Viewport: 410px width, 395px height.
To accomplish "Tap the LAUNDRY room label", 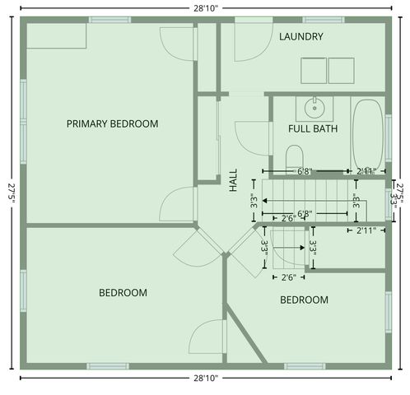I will [301, 37].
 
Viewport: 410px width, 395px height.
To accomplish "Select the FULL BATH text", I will [312, 129].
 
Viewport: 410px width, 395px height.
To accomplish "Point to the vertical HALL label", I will [233, 181].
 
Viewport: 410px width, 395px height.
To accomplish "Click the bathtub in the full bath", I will [367, 133].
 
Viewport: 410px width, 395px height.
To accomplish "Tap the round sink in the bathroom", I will [314, 107].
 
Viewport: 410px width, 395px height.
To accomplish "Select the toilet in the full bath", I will [294, 157].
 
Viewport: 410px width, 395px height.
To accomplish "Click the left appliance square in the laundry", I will [313, 71].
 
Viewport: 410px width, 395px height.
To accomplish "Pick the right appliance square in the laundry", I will [341, 71].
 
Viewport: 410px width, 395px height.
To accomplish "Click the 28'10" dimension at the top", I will [205, 7].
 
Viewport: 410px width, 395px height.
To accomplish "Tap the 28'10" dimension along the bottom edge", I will [205, 379].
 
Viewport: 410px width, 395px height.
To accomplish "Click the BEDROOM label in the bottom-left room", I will [123, 293].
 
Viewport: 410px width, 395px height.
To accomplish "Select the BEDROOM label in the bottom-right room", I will [304, 300].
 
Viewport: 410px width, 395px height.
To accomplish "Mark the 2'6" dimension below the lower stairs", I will [289, 277].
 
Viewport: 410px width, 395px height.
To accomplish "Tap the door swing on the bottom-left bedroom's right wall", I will [207, 337].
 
